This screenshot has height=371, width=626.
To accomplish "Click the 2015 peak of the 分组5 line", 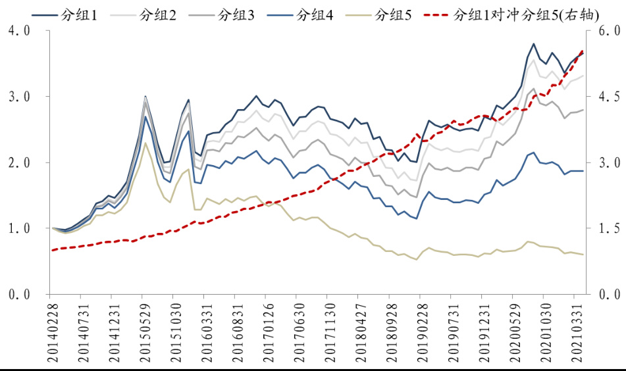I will click(145, 143).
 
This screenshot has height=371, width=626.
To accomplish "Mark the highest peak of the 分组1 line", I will click(533, 44).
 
